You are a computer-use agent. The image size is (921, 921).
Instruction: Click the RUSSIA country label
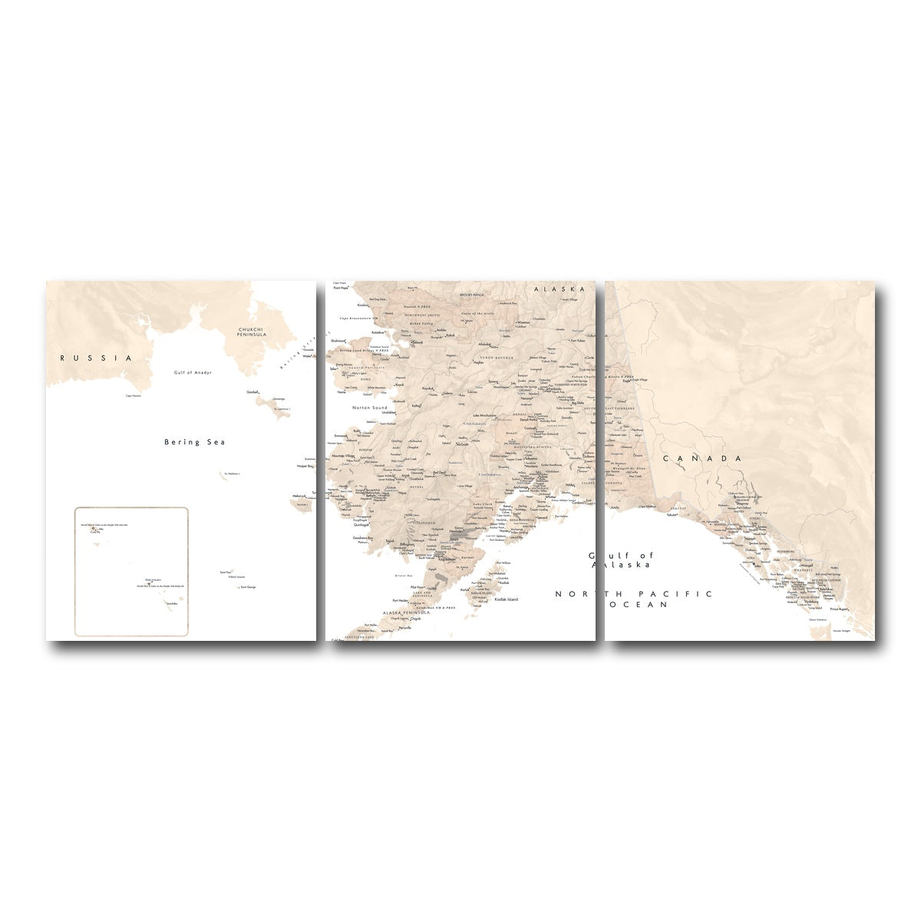point(97,358)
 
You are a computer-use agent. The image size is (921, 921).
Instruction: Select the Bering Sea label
point(195,442)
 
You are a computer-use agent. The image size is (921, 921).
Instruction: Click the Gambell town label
point(253,392)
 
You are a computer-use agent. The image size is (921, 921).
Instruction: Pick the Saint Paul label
point(226,572)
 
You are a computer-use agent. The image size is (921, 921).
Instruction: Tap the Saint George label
point(248,587)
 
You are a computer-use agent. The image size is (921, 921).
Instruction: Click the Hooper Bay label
point(305,466)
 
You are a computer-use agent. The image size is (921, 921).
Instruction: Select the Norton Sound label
point(370,408)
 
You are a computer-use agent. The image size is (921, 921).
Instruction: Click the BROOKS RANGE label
point(472,295)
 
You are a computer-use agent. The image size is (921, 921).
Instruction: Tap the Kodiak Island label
point(506,599)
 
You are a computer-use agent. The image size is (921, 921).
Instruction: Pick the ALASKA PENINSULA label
point(407,613)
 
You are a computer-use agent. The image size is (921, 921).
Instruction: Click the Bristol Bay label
point(403,575)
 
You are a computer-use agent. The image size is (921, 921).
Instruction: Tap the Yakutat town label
point(672,515)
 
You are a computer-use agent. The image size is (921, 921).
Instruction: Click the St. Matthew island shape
point(221,473)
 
